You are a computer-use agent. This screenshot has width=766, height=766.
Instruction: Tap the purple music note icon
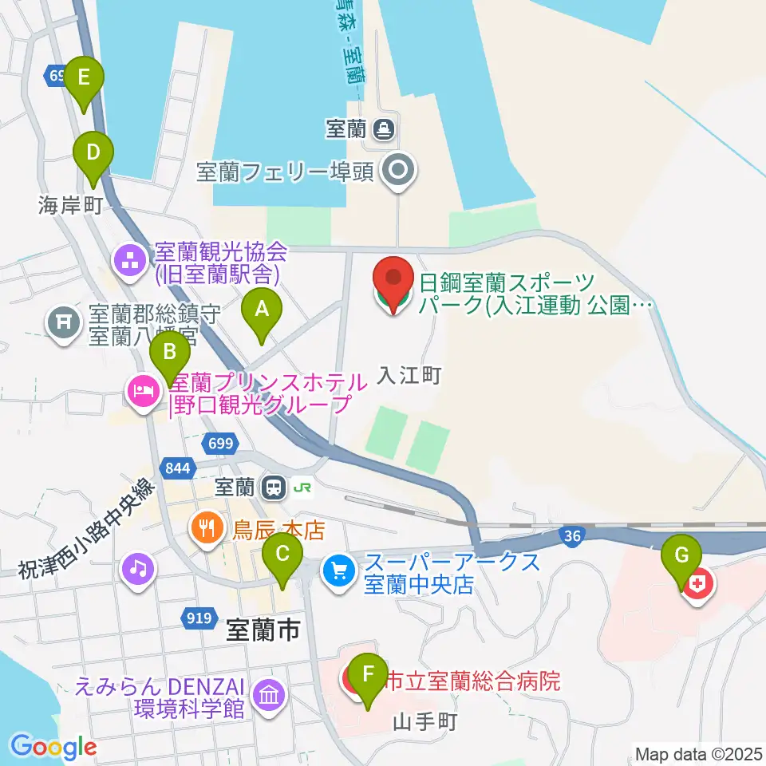[x=137, y=569]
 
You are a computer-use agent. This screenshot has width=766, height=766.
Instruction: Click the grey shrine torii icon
[x=65, y=322]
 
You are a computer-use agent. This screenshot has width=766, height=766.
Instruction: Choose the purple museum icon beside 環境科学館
[x=269, y=696]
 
